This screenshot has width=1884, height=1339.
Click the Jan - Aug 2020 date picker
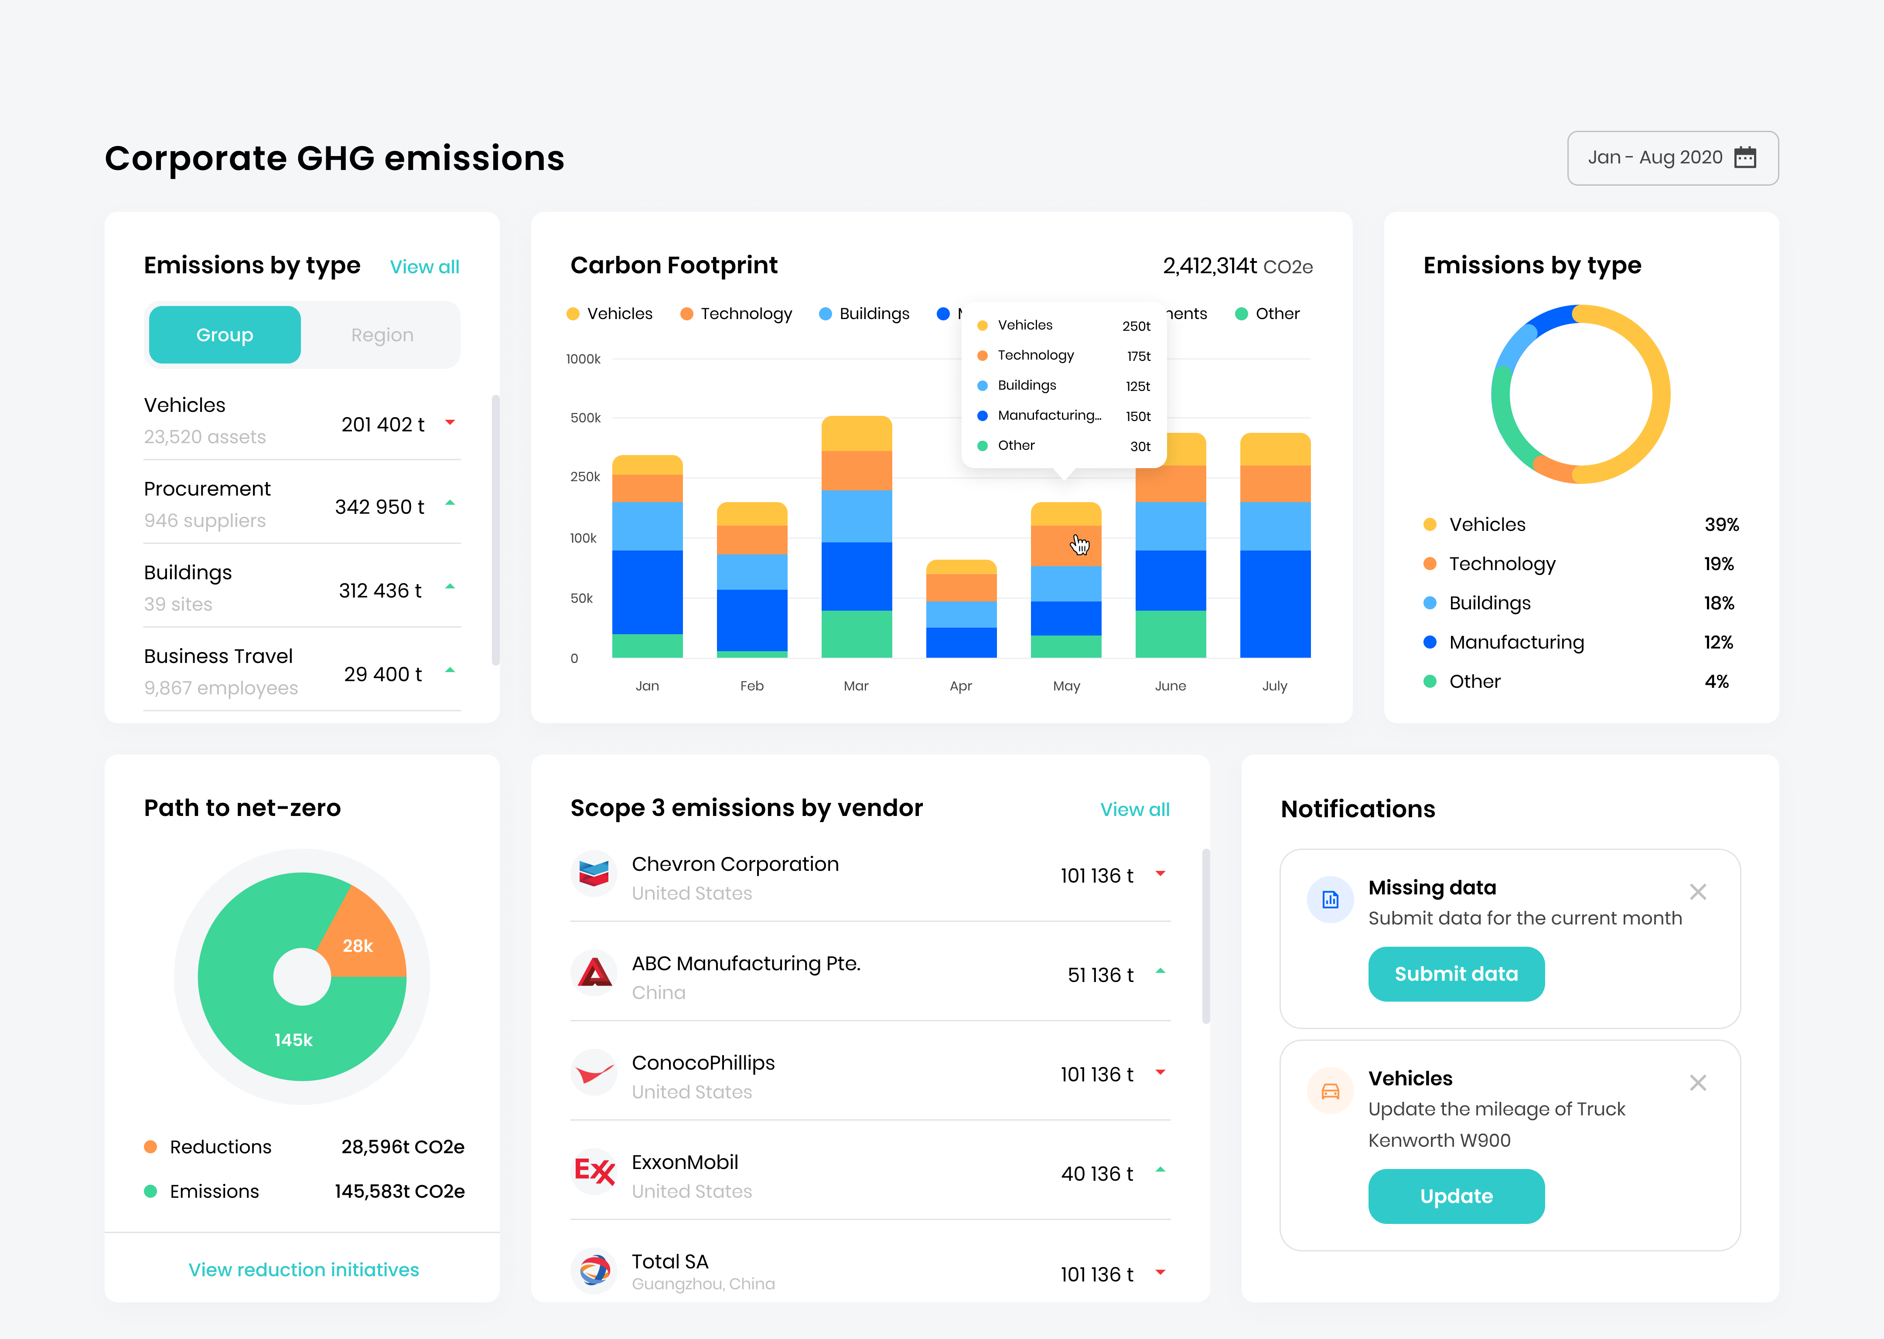click(1672, 157)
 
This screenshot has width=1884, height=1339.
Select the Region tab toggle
click(382, 335)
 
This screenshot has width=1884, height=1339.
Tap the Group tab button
click(224, 335)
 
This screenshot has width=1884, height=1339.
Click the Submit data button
click(1456, 974)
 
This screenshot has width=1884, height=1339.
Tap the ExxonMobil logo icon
click(594, 1171)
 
